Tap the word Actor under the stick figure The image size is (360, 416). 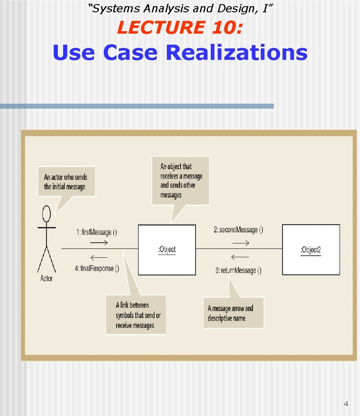[x=46, y=279]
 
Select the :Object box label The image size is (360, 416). [x=166, y=250]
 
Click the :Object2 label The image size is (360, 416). [x=310, y=250]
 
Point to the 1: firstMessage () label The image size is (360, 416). [x=96, y=232]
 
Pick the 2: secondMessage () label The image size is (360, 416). [x=238, y=230]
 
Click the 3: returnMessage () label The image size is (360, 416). [x=238, y=270]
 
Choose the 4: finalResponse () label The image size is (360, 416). [x=97, y=269]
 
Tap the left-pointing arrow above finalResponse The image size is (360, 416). [x=98, y=257]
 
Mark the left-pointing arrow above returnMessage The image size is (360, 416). [x=240, y=257]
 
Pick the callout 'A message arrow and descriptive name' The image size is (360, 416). [x=233, y=313]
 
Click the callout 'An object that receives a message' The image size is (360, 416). [x=180, y=180]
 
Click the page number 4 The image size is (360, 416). [x=346, y=404]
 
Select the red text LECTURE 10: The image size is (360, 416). [x=180, y=28]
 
